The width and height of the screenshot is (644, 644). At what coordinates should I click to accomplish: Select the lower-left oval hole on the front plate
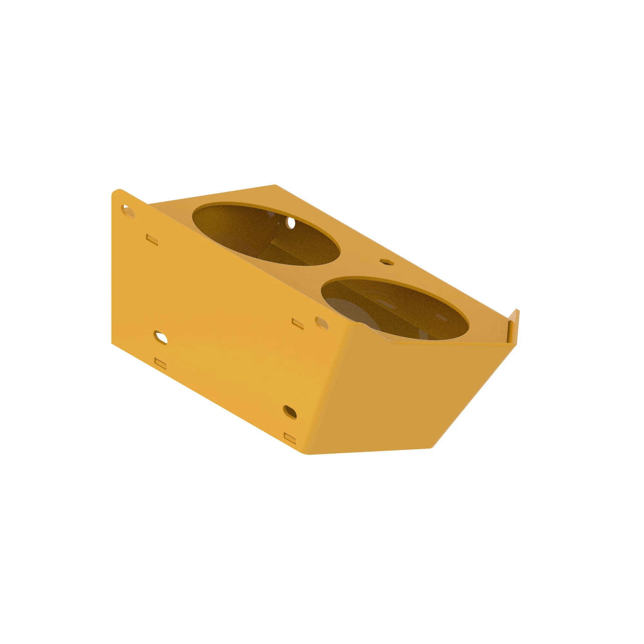[160, 337]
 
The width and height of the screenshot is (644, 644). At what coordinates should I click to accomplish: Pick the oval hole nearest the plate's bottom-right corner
[290, 412]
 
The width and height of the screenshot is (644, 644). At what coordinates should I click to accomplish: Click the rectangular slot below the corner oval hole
[153, 239]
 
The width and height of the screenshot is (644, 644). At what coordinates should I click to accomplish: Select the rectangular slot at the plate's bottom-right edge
[290, 437]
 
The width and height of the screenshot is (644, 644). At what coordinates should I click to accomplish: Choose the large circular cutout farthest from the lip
[266, 235]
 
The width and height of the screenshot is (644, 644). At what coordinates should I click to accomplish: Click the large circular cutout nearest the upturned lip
[395, 310]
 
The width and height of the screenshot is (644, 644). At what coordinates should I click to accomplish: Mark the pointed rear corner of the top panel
[275, 185]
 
